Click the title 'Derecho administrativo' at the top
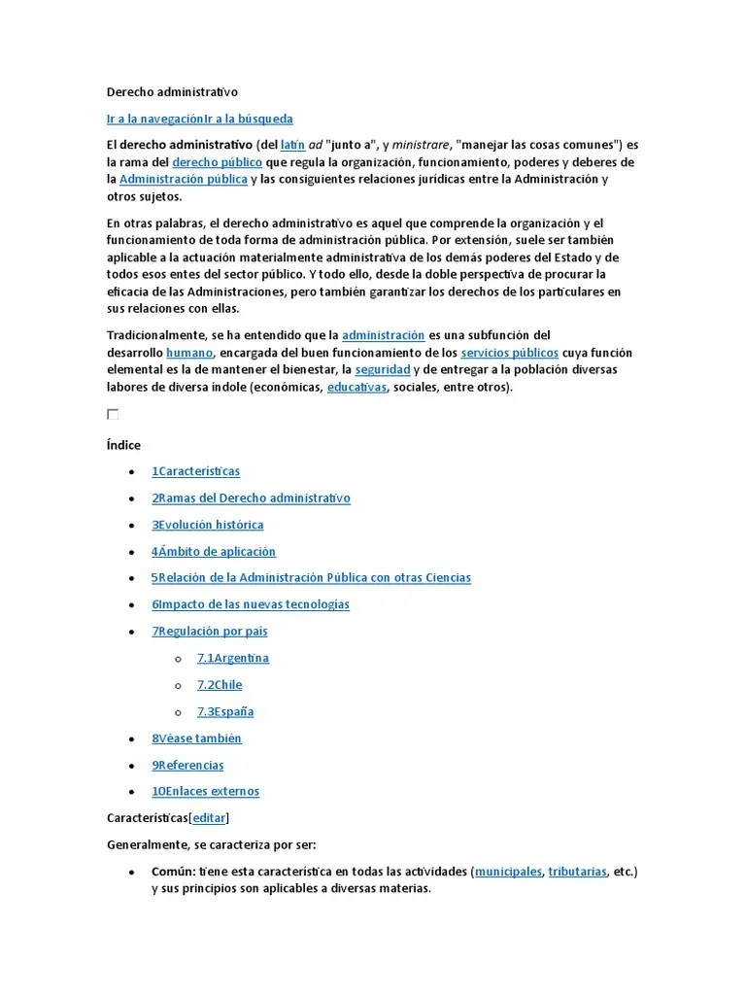(172, 92)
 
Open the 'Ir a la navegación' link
(154, 119)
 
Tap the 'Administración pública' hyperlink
(184, 180)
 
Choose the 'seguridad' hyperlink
(382, 369)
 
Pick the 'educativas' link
(356, 387)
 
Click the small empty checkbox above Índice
(113, 414)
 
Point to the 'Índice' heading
(123, 445)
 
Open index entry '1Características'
(195, 471)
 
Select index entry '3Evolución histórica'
(207, 525)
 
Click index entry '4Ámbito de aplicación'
(213, 551)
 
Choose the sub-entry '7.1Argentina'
(232, 658)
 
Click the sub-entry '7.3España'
(224, 711)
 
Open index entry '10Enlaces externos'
(205, 791)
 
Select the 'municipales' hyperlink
(508, 872)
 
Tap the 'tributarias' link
(577, 872)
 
